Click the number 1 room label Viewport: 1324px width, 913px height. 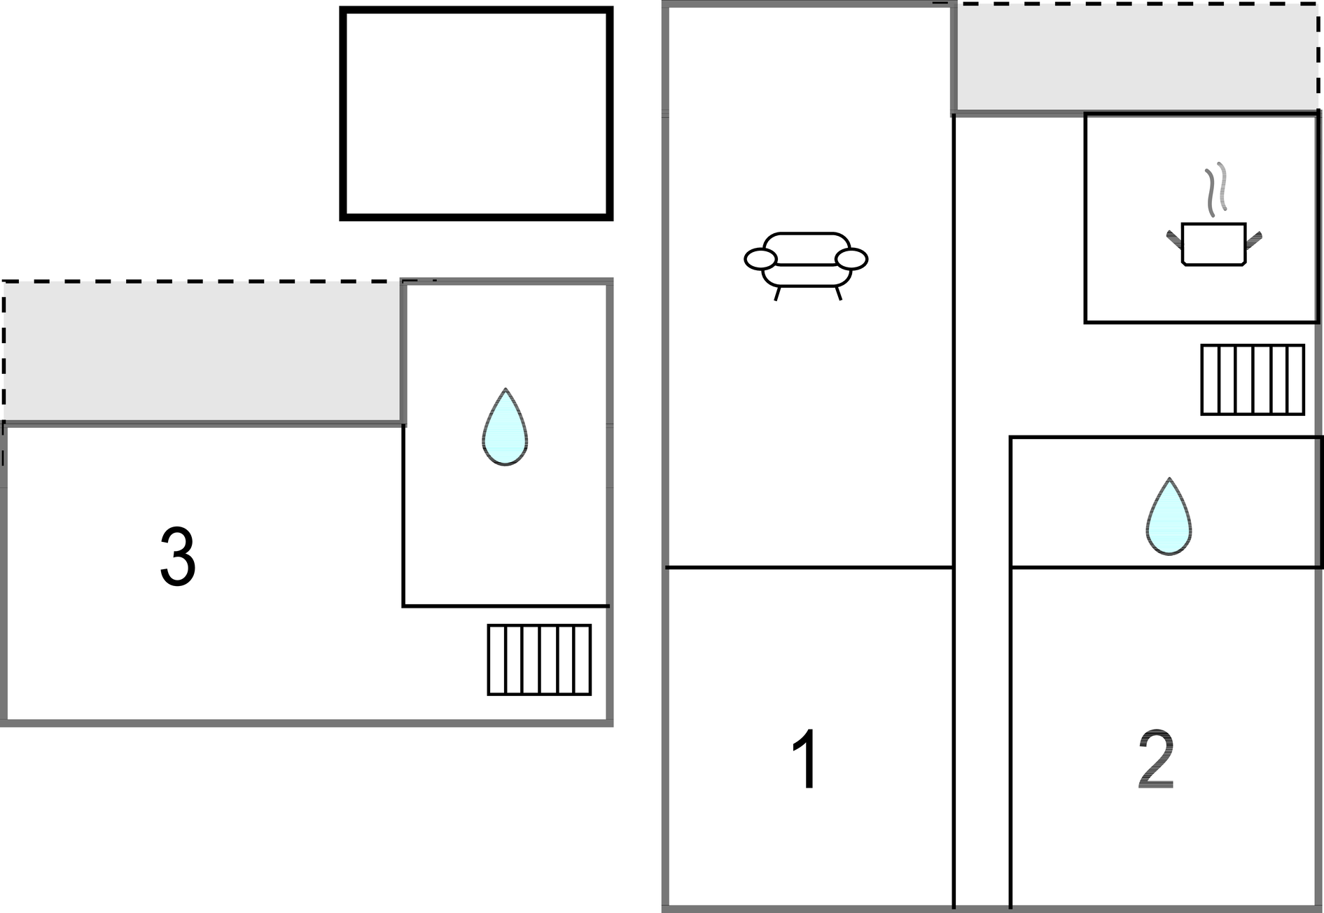[x=806, y=760]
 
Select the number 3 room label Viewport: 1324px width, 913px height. [x=178, y=557]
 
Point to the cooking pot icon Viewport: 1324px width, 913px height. [x=1214, y=244]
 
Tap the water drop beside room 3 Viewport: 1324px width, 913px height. [x=505, y=427]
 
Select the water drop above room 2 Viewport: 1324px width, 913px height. [x=1169, y=517]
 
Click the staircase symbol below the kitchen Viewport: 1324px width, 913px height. [x=1253, y=380]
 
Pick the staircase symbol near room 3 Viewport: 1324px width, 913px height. [x=539, y=660]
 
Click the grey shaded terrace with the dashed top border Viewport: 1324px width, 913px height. [x=1136, y=57]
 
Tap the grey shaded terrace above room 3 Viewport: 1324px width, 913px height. [x=203, y=352]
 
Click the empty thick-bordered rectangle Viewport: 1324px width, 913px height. [x=476, y=114]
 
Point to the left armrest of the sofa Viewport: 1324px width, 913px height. [x=760, y=259]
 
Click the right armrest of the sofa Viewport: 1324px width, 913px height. [x=851, y=259]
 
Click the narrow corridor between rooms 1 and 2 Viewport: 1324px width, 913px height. [x=982, y=735]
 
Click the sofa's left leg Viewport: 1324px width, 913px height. [x=777, y=294]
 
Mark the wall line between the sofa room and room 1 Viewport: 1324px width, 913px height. [x=809, y=567]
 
